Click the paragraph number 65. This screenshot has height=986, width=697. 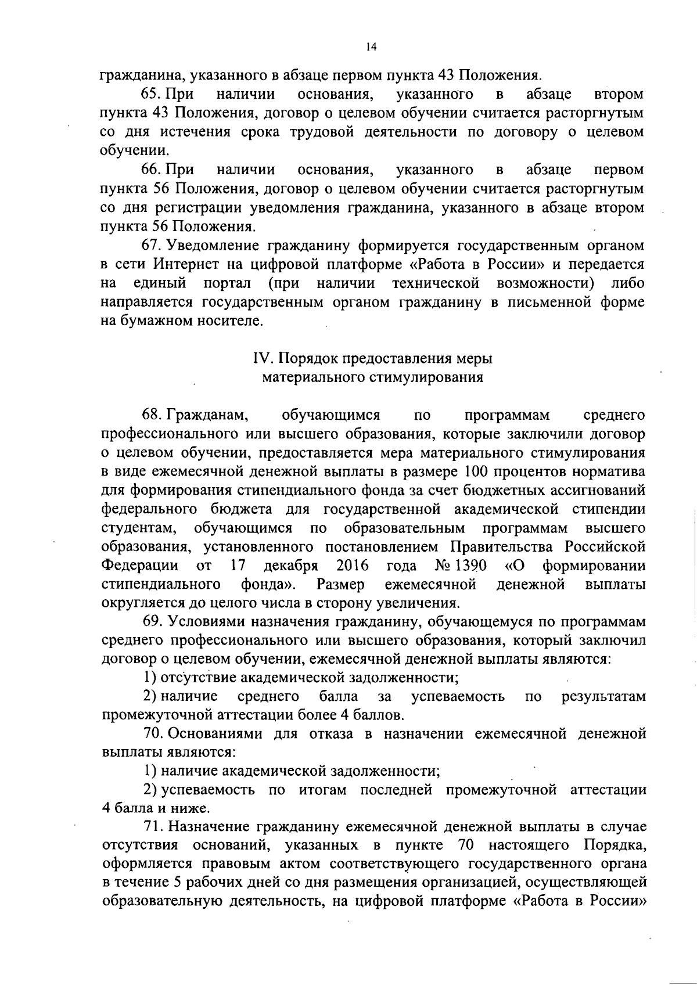pos(152,94)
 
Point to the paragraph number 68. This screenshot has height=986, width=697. pos(152,415)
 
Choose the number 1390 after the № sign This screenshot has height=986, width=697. pos(471,566)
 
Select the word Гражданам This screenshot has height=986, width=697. pos(207,415)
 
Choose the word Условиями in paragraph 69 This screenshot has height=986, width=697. pos(207,622)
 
